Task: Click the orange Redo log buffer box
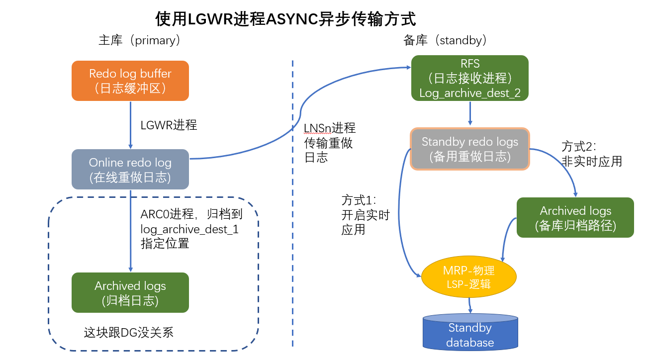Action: (130, 81)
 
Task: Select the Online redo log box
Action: (130, 170)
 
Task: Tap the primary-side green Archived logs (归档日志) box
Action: (130, 292)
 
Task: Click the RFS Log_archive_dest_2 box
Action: (470, 78)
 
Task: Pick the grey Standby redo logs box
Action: (470, 149)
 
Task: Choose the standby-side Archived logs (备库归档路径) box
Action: (575, 217)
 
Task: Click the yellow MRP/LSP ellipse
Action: (469, 277)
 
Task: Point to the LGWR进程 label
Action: (169, 125)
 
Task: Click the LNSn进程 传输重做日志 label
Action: (329, 143)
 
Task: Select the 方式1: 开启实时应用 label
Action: (366, 215)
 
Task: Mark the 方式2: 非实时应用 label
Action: (592, 154)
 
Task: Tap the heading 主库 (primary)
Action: (139, 40)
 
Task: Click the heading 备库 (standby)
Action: (445, 40)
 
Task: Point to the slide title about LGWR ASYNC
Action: (285, 19)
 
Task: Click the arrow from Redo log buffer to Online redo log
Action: (130, 124)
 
